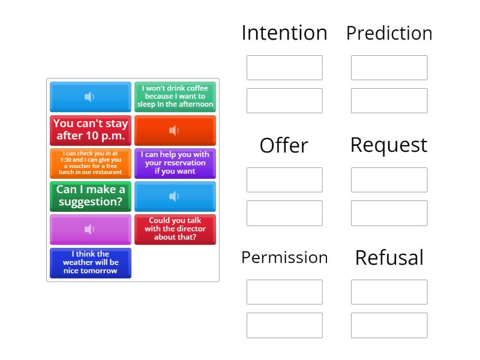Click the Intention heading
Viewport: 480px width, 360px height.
tap(284, 32)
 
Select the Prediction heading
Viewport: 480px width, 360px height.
tap(389, 33)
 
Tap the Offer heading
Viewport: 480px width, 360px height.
tap(284, 145)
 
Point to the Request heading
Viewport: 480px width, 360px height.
tap(389, 145)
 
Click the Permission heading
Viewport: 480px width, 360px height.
tap(284, 257)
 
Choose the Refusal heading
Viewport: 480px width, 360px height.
tap(389, 257)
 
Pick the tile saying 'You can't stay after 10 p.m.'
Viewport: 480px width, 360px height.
tap(91, 130)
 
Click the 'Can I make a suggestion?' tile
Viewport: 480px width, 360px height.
tap(91, 196)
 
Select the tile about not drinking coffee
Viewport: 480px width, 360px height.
tap(175, 97)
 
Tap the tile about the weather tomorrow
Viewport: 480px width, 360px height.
tap(91, 263)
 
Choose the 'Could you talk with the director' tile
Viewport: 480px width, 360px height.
tap(175, 229)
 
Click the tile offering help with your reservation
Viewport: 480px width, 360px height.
tap(175, 163)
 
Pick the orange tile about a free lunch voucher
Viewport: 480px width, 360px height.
tap(91, 163)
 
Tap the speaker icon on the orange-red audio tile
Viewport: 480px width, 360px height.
tap(174, 130)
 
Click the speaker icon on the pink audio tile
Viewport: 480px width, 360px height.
tap(89, 229)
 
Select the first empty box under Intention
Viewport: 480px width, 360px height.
tap(284, 68)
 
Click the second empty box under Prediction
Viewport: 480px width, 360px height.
tap(389, 101)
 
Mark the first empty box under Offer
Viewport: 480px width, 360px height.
tap(284, 180)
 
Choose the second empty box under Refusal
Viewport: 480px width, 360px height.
tap(389, 325)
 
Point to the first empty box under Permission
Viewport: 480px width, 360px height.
tap(284, 292)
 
